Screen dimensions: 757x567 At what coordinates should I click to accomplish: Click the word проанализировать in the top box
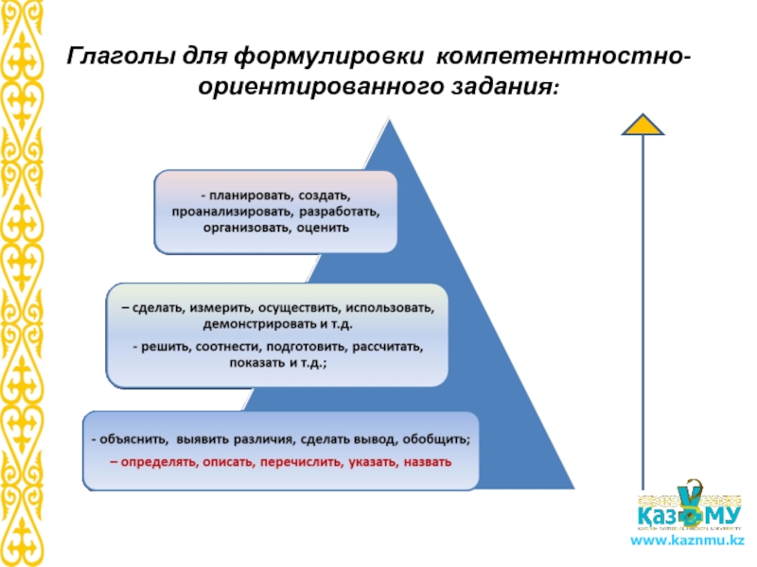click(227, 211)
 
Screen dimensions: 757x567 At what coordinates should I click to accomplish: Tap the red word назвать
click(427, 461)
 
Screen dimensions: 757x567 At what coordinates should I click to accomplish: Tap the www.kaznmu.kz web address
click(688, 539)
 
